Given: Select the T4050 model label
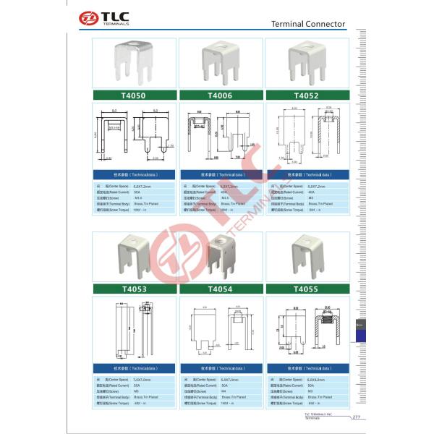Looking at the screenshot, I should (135, 95).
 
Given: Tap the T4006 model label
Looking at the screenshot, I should (220, 95).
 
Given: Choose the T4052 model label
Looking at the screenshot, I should (307, 95).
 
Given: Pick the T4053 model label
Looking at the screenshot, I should (135, 289).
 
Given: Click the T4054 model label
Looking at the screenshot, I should (220, 289).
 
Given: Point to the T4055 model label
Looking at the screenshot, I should (307, 289).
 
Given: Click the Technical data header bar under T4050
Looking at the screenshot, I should (135, 175).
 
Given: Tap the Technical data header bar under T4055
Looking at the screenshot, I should (307, 368).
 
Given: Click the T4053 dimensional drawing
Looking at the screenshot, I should (135, 329).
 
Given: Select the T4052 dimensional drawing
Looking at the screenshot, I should (307, 136).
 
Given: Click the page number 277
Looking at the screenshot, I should (356, 417).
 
